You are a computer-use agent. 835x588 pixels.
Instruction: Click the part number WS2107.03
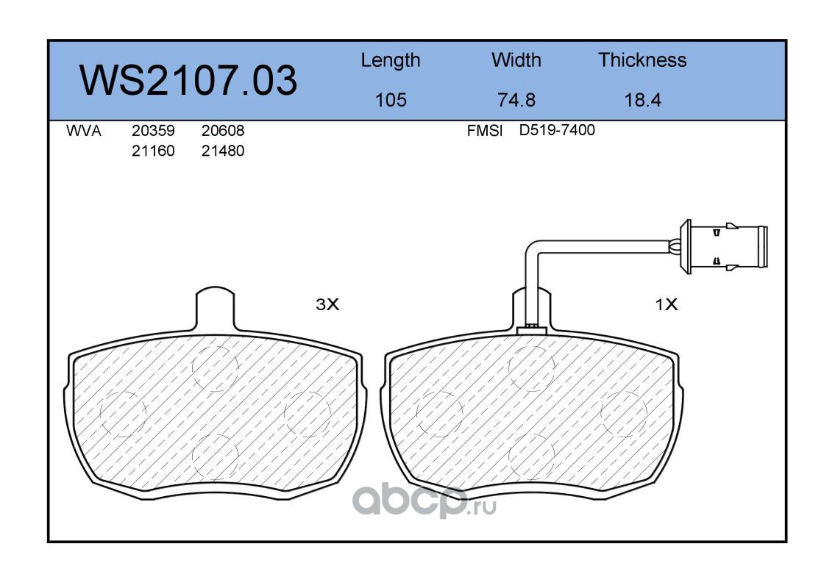pos(188,80)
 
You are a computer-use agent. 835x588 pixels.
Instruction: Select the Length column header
pos(391,61)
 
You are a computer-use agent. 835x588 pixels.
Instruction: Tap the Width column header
pos(516,60)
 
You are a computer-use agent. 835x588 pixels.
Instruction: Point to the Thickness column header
pos(642,60)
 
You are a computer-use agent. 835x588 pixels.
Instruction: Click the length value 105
pos(391,99)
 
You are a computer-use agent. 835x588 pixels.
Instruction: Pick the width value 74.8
pos(516,99)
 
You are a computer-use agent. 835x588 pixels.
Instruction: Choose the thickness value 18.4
pos(642,99)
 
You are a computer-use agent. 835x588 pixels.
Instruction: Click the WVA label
pos(84,130)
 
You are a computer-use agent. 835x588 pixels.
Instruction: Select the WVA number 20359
pos(153,130)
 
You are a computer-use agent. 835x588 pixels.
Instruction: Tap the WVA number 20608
pos(223,130)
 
